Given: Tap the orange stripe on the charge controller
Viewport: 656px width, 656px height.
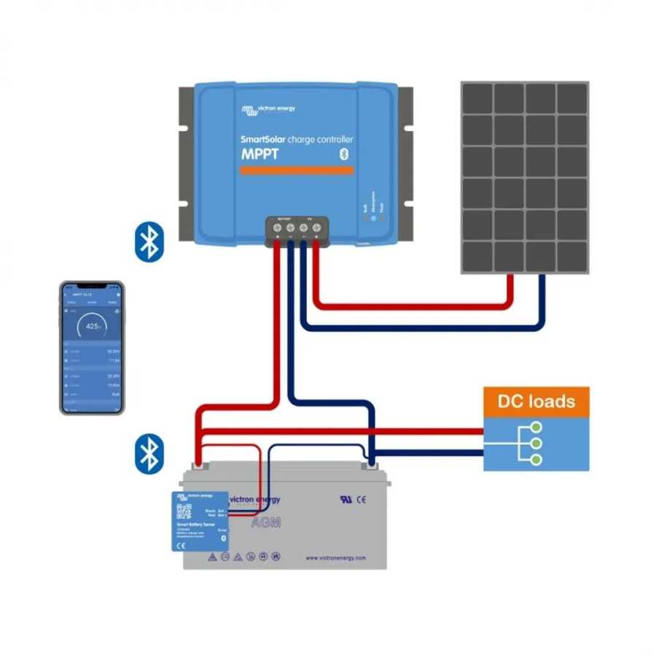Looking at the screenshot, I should coord(297,171).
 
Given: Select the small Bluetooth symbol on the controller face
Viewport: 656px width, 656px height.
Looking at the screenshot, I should coord(345,153).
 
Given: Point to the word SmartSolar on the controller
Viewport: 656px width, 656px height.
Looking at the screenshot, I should coord(263,138).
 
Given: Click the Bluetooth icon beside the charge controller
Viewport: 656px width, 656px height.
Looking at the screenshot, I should coord(150,242).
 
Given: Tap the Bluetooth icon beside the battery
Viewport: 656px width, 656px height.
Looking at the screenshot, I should coord(150,453).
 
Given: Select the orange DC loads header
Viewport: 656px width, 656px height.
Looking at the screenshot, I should coord(536,401).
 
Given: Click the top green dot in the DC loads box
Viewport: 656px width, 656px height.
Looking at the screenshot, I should coord(536,428).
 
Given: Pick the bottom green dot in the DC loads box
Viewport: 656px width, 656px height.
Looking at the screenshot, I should coord(536,459).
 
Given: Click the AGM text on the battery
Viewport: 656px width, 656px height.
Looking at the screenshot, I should coord(265,523).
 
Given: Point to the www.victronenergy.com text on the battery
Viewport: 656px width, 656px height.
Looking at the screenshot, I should coord(336,558).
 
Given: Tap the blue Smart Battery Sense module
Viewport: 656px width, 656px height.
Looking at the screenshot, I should coord(200,520).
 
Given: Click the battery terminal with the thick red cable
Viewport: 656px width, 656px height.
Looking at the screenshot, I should coord(197,464).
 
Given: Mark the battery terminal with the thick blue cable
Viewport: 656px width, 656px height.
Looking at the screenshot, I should coord(372,464).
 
